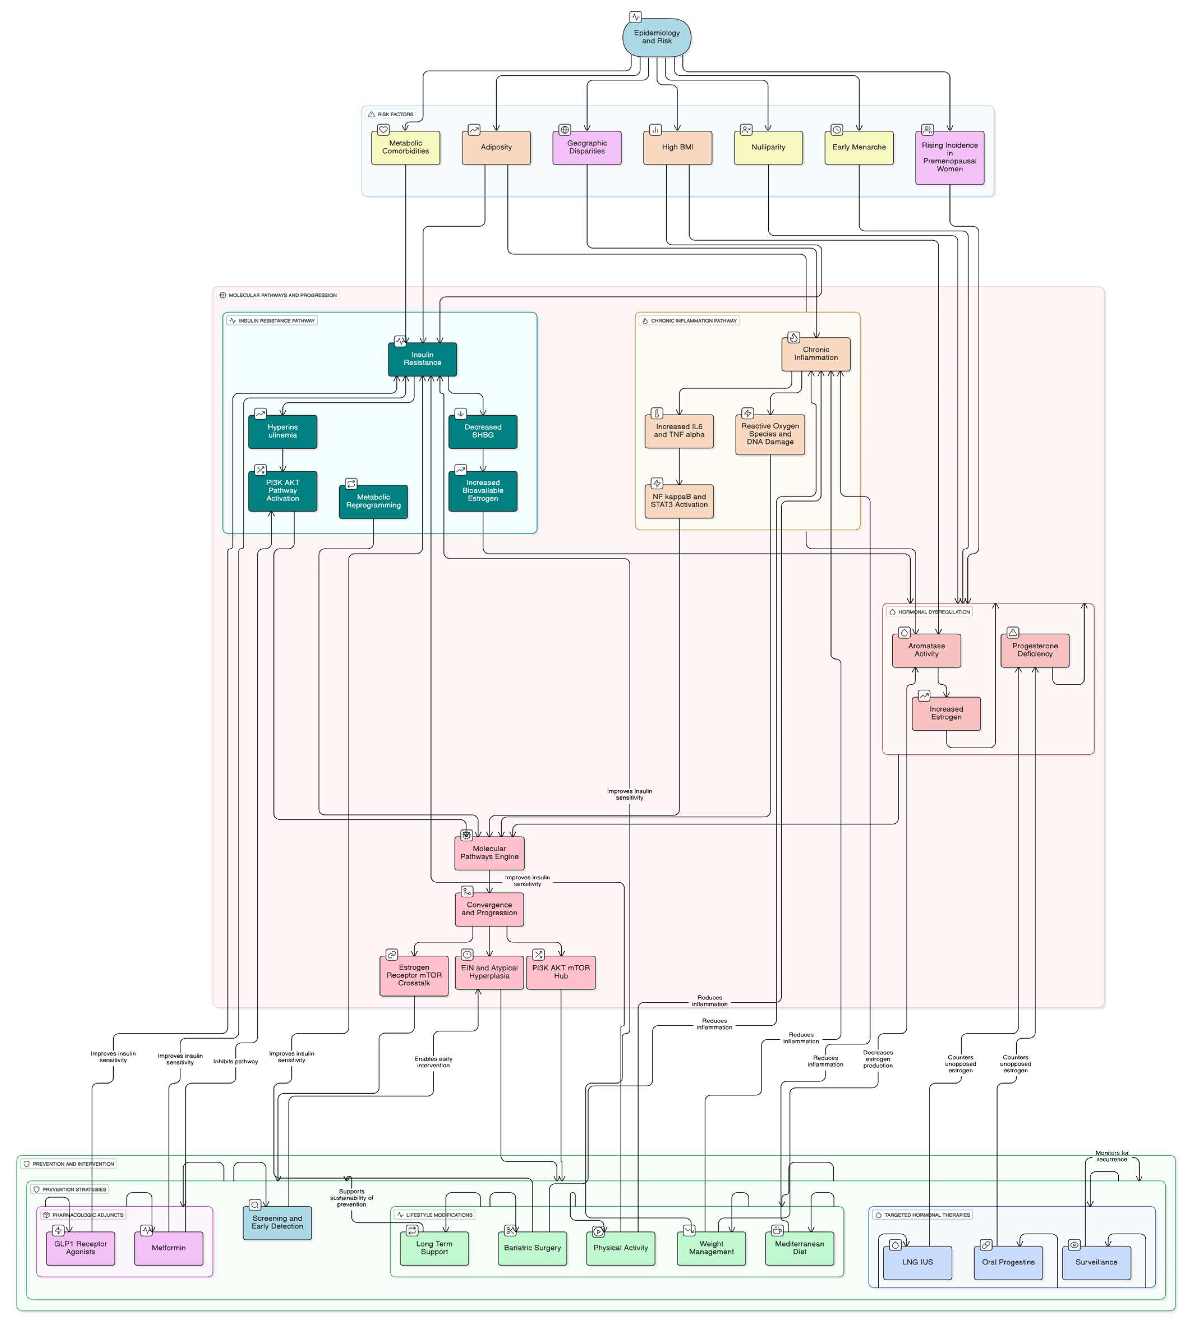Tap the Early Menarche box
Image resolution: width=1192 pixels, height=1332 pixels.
pos(859,147)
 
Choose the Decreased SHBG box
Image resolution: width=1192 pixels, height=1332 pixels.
pos(483,432)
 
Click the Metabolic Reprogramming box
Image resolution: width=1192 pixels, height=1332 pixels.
pos(373,502)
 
